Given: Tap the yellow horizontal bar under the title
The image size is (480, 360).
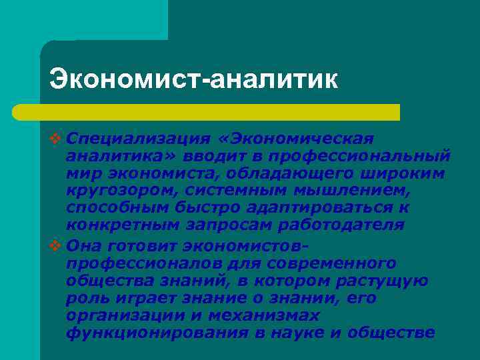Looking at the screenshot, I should point(220,112).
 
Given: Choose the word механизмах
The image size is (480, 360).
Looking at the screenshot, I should point(263,315).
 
